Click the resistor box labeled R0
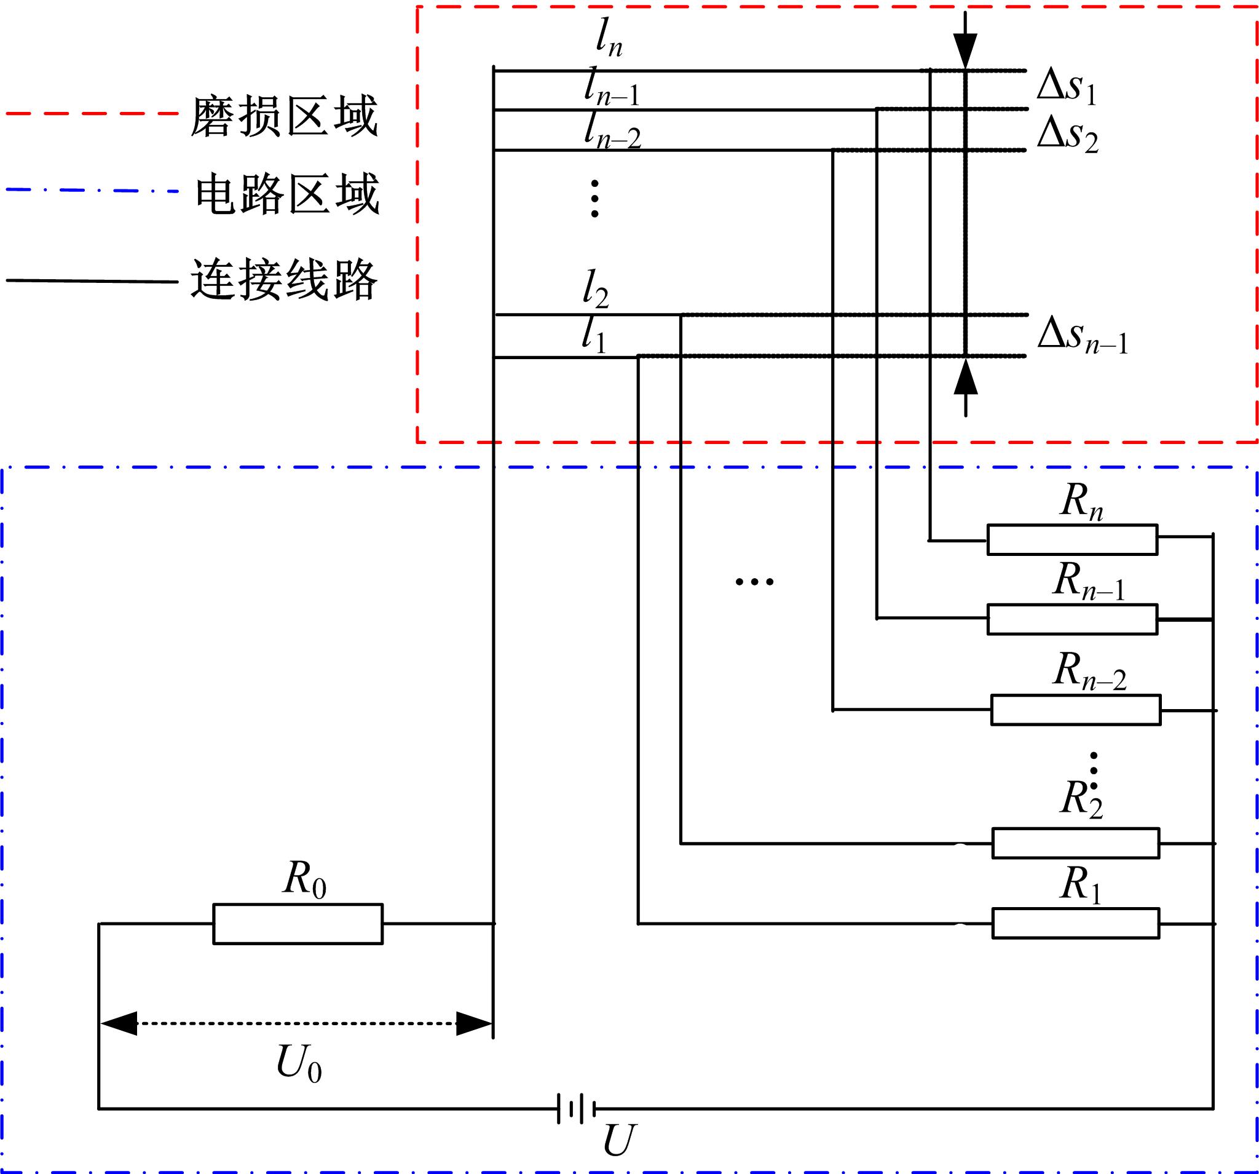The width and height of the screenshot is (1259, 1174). (x=298, y=924)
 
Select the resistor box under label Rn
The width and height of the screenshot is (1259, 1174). (x=1072, y=540)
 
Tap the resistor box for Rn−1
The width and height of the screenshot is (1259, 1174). (x=1072, y=619)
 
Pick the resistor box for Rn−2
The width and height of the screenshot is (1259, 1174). (x=1075, y=710)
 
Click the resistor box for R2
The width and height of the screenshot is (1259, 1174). (x=1075, y=843)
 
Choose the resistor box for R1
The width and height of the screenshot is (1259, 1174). (x=1075, y=923)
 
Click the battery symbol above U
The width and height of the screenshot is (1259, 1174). (x=576, y=1109)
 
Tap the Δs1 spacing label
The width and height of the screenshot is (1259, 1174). (x=1067, y=87)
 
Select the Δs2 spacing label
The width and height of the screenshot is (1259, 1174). (x=1068, y=134)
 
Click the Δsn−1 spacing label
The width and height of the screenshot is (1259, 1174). (x=1083, y=335)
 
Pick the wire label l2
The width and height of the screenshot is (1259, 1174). (x=595, y=289)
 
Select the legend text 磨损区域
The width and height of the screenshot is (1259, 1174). (x=285, y=116)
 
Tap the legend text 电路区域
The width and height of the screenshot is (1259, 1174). (x=287, y=193)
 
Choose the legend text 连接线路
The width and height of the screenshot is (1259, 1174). (x=285, y=279)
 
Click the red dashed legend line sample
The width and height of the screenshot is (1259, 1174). (x=92, y=114)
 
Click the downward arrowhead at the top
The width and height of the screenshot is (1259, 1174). (x=965, y=49)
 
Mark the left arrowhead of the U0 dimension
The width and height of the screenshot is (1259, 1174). (x=119, y=1023)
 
